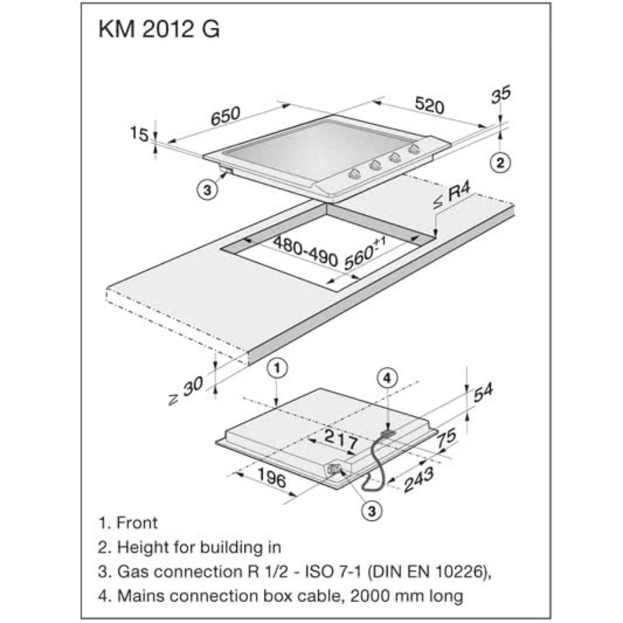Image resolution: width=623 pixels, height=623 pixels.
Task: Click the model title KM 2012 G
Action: pos(159,30)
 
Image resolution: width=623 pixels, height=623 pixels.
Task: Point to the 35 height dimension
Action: pos(501,94)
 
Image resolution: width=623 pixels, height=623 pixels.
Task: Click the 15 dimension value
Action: pos(139,135)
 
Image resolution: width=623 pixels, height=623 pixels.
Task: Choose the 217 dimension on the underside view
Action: pos(338,439)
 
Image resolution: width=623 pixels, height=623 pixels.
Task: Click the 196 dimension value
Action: pos(270,477)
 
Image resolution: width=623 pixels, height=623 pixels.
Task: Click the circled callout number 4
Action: pos(387,378)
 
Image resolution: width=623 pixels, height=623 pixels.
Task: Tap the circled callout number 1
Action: pos(278,367)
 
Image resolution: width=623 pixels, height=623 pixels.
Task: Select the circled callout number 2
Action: pos(500,163)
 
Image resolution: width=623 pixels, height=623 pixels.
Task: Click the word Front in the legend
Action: pos(137,523)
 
